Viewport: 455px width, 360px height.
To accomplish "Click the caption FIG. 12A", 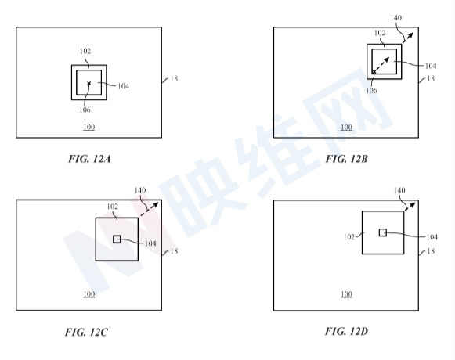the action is [x=89, y=159].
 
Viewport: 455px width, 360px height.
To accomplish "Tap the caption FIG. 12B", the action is [x=346, y=159].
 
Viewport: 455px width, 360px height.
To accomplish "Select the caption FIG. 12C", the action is [x=86, y=332].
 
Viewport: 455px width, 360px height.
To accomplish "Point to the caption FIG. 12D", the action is [x=346, y=331].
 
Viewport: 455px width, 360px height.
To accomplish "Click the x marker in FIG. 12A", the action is [x=89, y=84].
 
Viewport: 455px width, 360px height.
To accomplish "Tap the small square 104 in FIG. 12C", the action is [x=117, y=239].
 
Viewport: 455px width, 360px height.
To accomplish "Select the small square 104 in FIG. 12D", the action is [x=383, y=232].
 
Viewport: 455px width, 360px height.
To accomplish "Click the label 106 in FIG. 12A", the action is [x=85, y=110].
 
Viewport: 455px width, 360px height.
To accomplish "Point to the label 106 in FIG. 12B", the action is [x=371, y=91].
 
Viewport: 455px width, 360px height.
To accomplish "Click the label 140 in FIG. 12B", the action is [x=396, y=18].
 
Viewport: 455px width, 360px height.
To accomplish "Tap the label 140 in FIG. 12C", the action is [x=140, y=190].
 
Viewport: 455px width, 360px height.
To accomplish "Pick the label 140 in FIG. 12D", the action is [x=399, y=190].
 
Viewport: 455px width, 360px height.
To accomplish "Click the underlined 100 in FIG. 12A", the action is [x=89, y=128].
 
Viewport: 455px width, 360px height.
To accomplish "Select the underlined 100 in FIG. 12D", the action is [x=346, y=294].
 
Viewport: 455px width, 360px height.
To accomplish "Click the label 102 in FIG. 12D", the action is [x=349, y=237].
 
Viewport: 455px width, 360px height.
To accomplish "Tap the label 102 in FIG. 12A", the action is [x=85, y=51].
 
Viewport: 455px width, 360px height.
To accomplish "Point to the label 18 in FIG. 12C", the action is [x=174, y=251].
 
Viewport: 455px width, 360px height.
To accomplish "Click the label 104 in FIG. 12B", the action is [x=431, y=67].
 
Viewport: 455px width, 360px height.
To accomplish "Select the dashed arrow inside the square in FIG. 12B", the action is [x=381, y=65].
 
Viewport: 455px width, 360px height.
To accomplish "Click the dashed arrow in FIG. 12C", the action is [x=150, y=209].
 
